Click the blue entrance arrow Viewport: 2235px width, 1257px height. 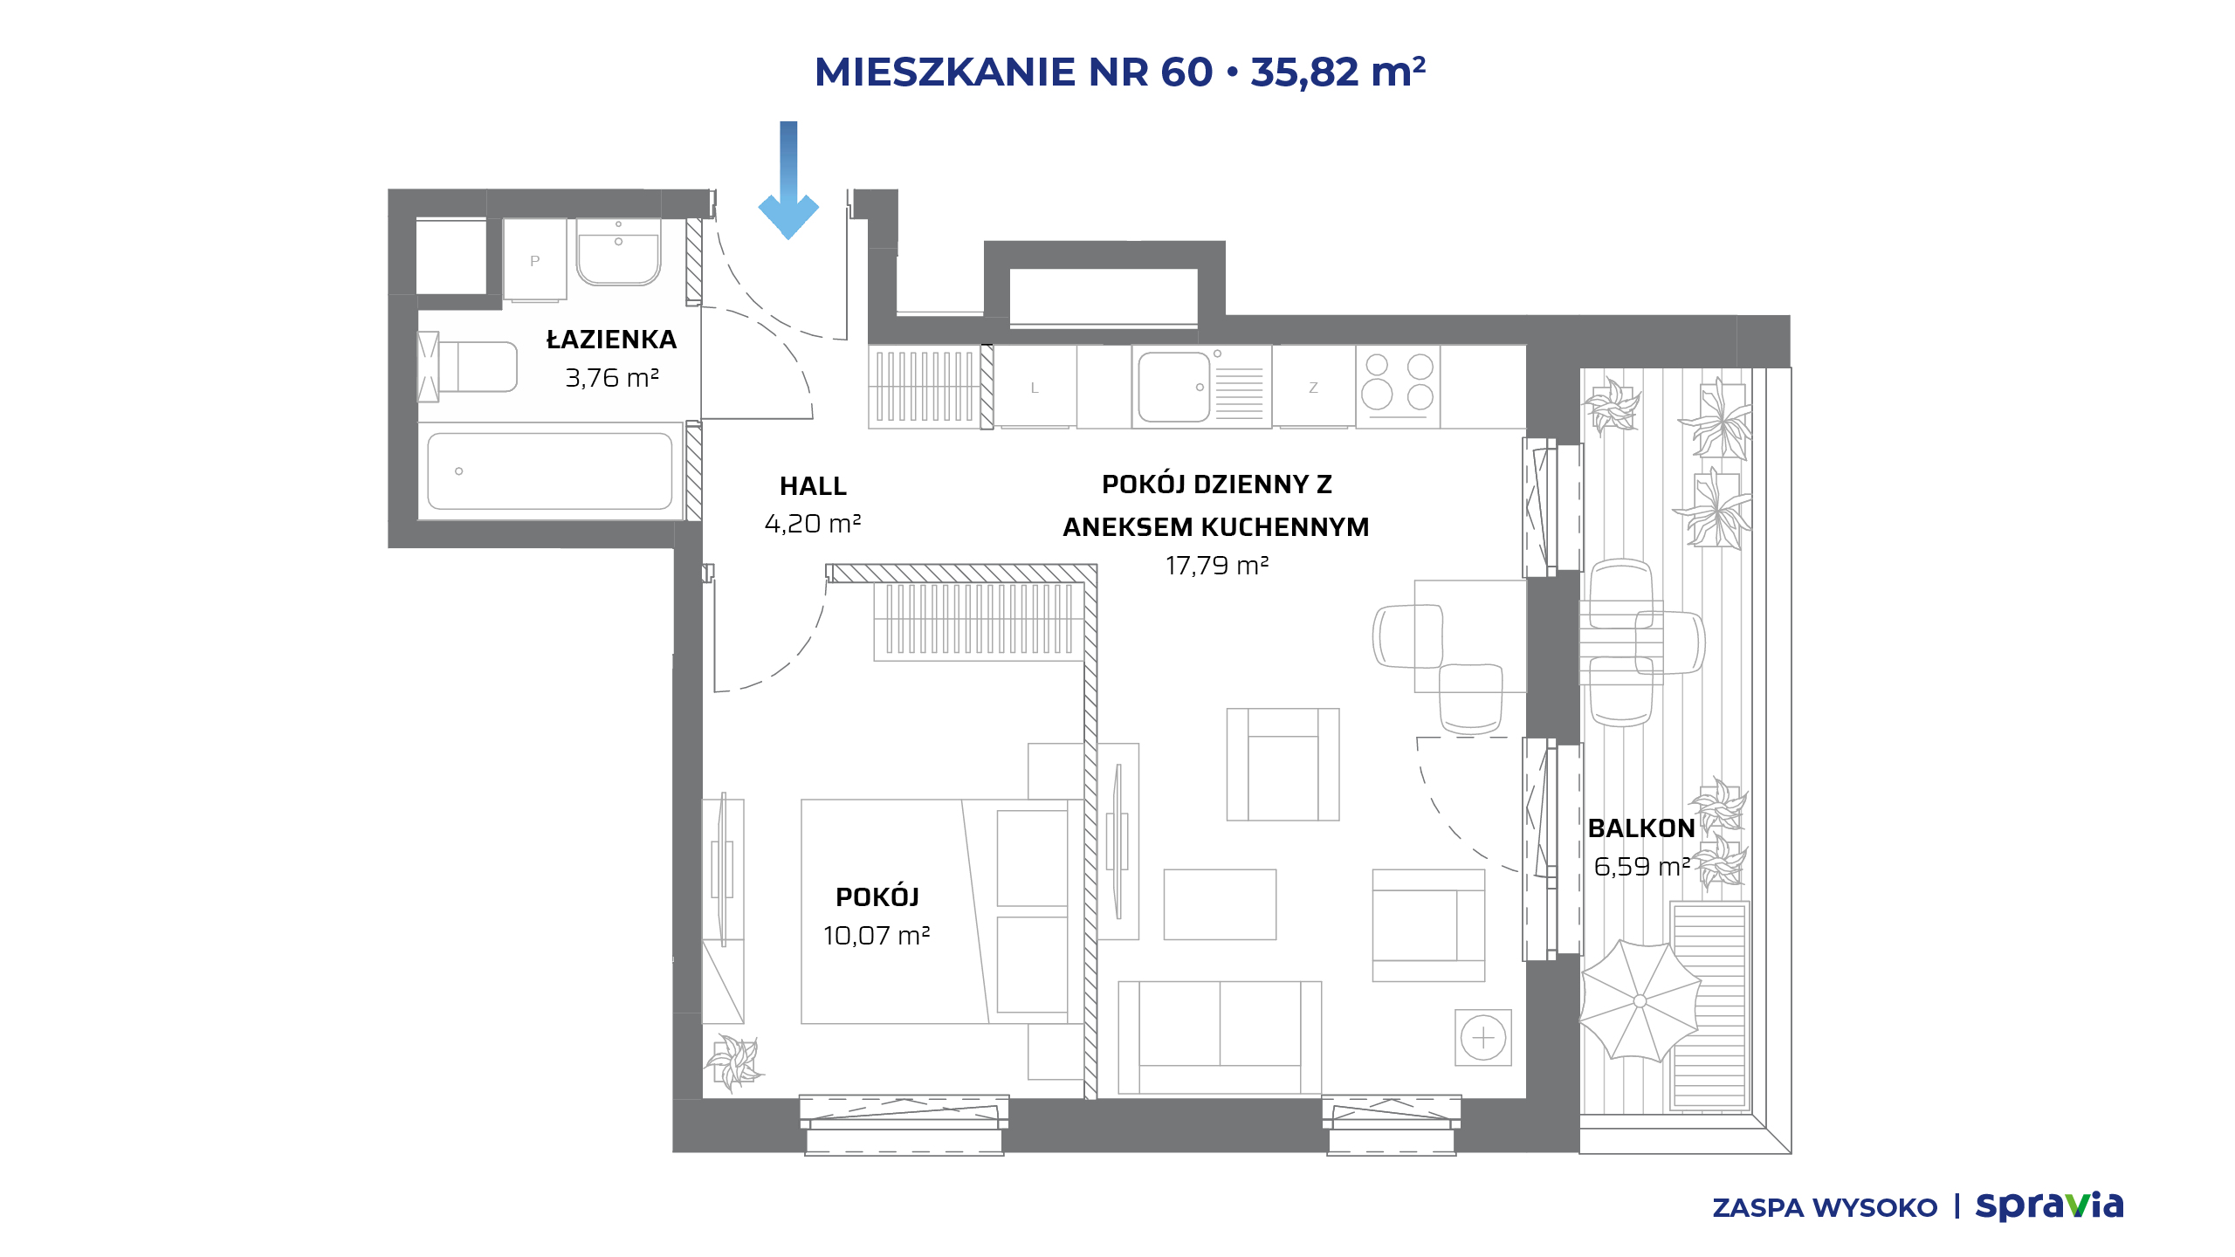[788, 180]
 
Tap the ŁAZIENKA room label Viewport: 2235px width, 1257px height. [611, 339]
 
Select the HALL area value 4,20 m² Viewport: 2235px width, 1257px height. [813, 524]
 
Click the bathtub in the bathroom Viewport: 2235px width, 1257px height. [550, 471]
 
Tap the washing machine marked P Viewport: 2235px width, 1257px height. [534, 260]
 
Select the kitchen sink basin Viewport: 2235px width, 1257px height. [1174, 386]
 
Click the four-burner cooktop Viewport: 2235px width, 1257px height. [1398, 384]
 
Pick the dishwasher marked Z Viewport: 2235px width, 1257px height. [1313, 386]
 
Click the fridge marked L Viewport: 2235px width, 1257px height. [1035, 387]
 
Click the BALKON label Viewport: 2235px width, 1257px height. [1641, 828]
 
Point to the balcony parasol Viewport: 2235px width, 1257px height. [1640, 1000]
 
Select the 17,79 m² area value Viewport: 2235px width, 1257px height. [1217, 566]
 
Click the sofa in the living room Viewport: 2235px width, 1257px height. [1220, 1037]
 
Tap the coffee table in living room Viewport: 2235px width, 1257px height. [1220, 904]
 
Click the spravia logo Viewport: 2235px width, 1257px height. [2049, 1206]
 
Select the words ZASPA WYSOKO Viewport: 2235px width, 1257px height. [1825, 1208]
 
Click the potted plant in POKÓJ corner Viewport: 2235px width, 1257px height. [735, 1062]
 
